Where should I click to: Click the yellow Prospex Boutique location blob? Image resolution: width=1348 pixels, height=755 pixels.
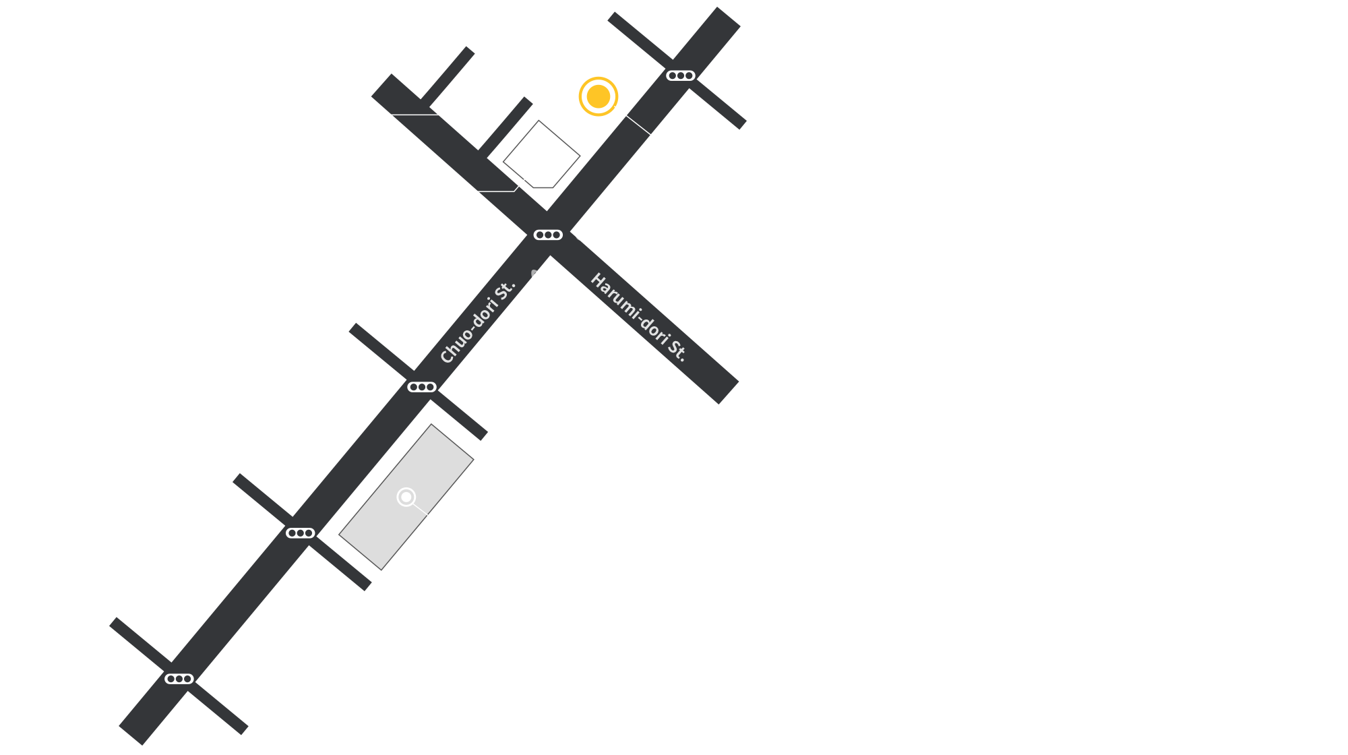tap(594, 96)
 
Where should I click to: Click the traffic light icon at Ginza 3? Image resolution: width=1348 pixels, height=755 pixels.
tap(680, 75)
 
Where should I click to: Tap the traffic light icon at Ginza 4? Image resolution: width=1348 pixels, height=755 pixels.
tap(548, 235)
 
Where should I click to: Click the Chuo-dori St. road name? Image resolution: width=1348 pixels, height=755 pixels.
tap(477, 322)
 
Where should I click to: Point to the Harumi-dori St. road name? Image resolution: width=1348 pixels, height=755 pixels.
tap(638, 317)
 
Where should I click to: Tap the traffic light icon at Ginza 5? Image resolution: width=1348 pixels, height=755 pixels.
tap(422, 387)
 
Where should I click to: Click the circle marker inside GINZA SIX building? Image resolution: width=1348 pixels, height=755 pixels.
tap(406, 497)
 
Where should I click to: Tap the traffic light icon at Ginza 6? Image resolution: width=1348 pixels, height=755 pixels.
tap(300, 533)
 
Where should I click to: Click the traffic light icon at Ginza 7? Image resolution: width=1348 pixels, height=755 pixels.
tap(179, 679)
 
